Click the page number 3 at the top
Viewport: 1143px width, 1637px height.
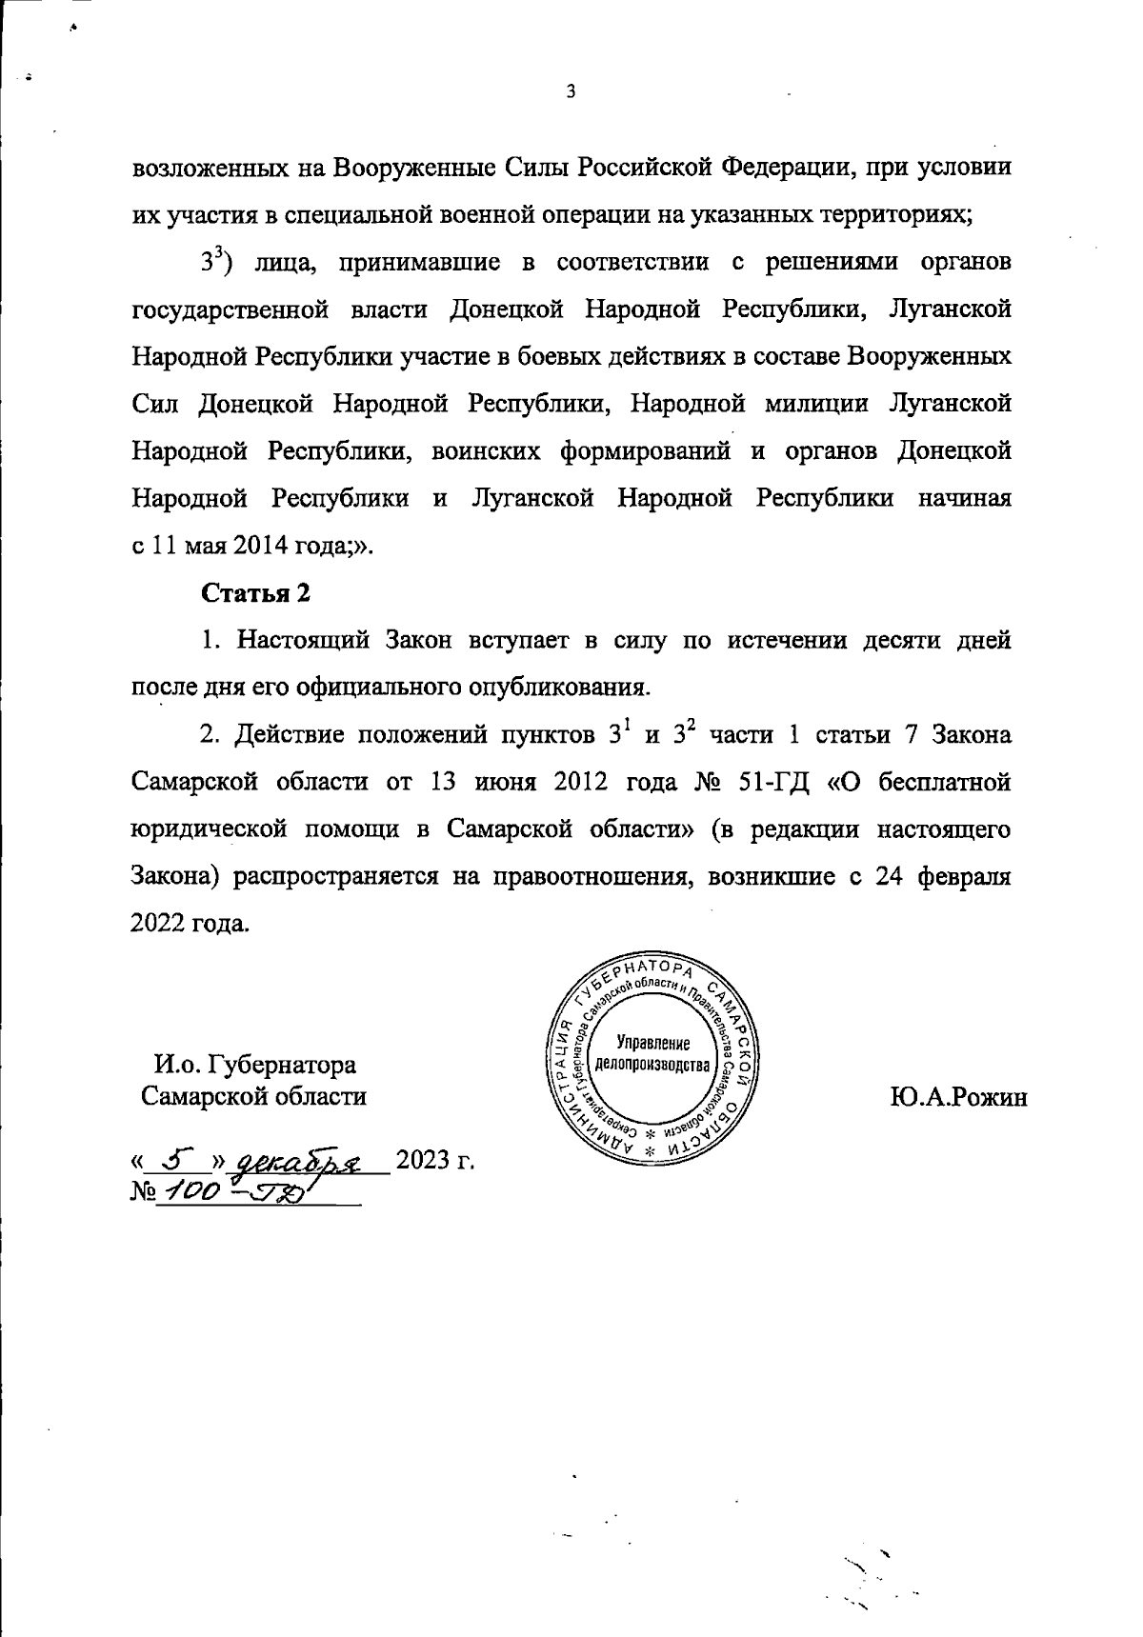pyautogui.click(x=570, y=92)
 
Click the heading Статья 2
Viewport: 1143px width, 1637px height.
pyautogui.click(x=255, y=592)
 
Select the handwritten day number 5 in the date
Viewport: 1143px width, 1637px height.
pyautogui.click(x=173, y=1161)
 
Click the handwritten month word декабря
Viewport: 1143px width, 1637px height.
pyautogui.click(x=300, y=1163)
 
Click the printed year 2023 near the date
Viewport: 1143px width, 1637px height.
pyautogui.click(x=421, y=1161)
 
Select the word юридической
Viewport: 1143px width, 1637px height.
pyautogui.click(x=207, y=829)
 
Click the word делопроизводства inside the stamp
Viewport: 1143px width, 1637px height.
pyautogui.click(x=652, y=1064)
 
